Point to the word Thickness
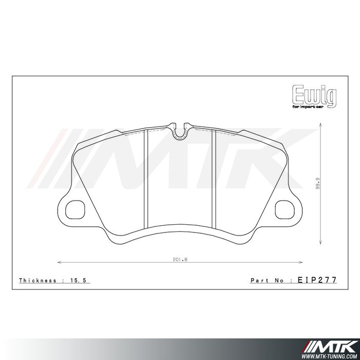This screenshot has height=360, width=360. [38, 280]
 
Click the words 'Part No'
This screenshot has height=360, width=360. [267, 280]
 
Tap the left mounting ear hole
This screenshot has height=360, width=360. [76, 209]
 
